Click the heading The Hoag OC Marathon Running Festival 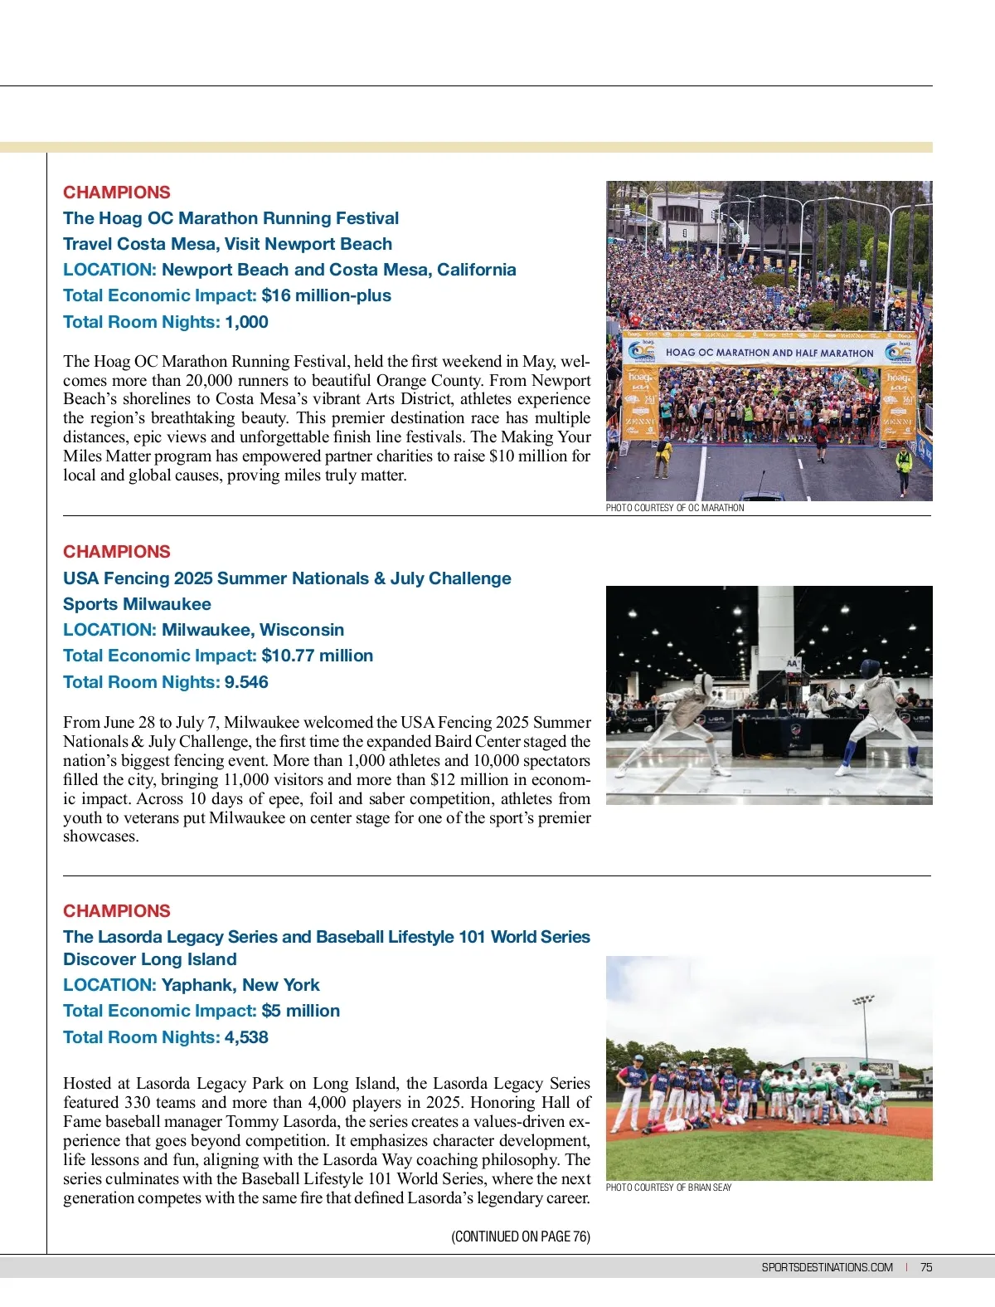click(231, 218)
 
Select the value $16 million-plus click(326, 295)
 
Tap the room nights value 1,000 click(246, 322)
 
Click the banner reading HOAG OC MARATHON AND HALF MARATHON click(769, 353)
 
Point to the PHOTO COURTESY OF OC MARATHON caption click(675, 508)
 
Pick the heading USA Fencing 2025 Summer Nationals click(287, 578)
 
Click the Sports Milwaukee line click(137, 604)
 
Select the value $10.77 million click(317, 656)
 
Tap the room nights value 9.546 click(246, 682)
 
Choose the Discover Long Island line click(150, 959)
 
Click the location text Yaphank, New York click(240, 985)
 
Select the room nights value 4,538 click(246, 1037)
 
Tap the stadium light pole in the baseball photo click(864, 1029)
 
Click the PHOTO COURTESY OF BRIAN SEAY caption click(668, 1188)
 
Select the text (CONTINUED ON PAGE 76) click(521, 1236)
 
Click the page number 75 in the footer click(926, 1267)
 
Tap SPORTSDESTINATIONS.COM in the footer click(827, 1267)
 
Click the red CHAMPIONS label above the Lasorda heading click(117, 911)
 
